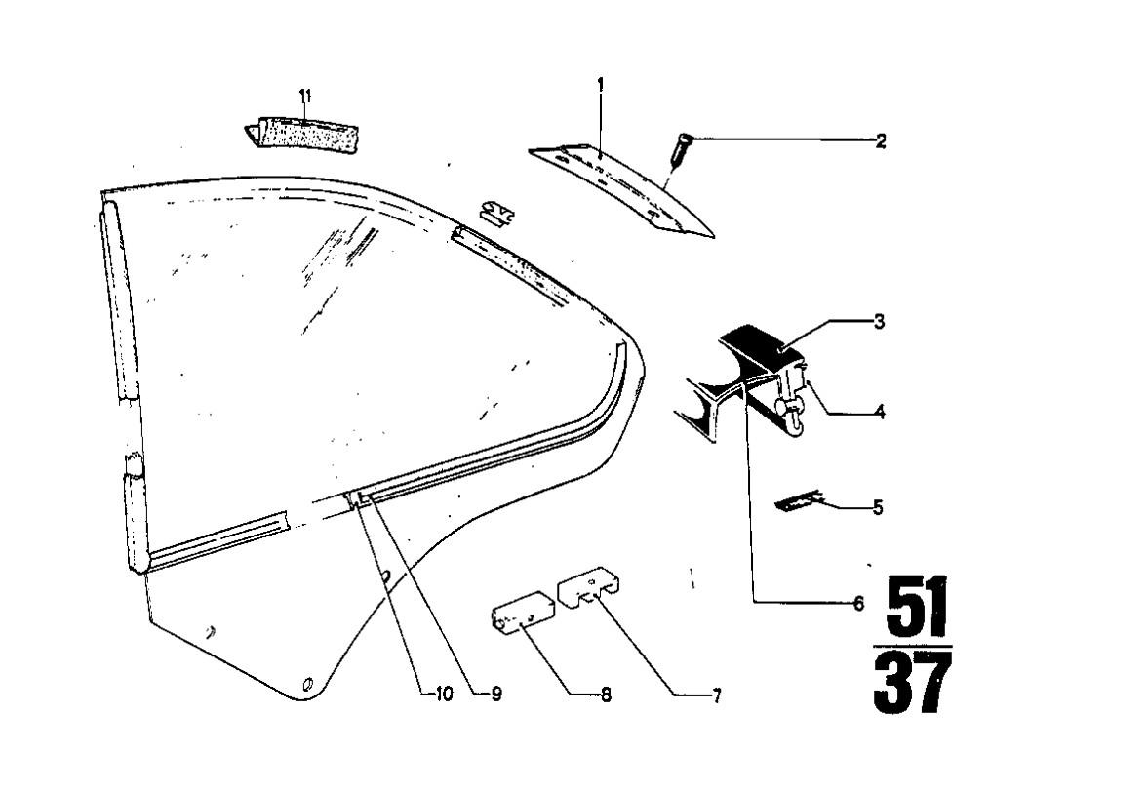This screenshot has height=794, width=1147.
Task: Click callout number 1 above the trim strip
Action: (601, 85)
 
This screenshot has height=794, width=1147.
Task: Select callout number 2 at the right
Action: (880, 141)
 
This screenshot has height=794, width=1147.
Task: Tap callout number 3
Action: (879, 322)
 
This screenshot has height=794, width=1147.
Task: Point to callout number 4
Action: (879, 413)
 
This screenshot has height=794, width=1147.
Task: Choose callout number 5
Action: (878, 507)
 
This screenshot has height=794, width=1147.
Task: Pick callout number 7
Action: (716, 696)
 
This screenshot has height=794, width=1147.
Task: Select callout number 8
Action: (606, 696)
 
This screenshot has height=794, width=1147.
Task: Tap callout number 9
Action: (495, 695)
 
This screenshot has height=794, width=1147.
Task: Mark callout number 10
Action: (444, 695)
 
